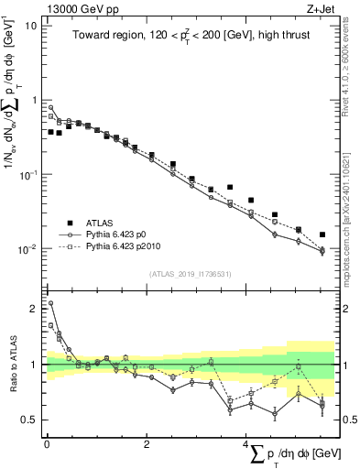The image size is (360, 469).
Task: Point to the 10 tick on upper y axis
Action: click(x=31, y=25)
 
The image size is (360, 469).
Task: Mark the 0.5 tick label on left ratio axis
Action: click(x=30, y=420)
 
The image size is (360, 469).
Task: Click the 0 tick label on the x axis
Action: click(x=47, y=444)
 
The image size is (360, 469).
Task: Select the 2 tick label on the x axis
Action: click(x=147, y=444)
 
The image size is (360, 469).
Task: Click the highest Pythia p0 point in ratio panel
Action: click(x=49, y=303)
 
